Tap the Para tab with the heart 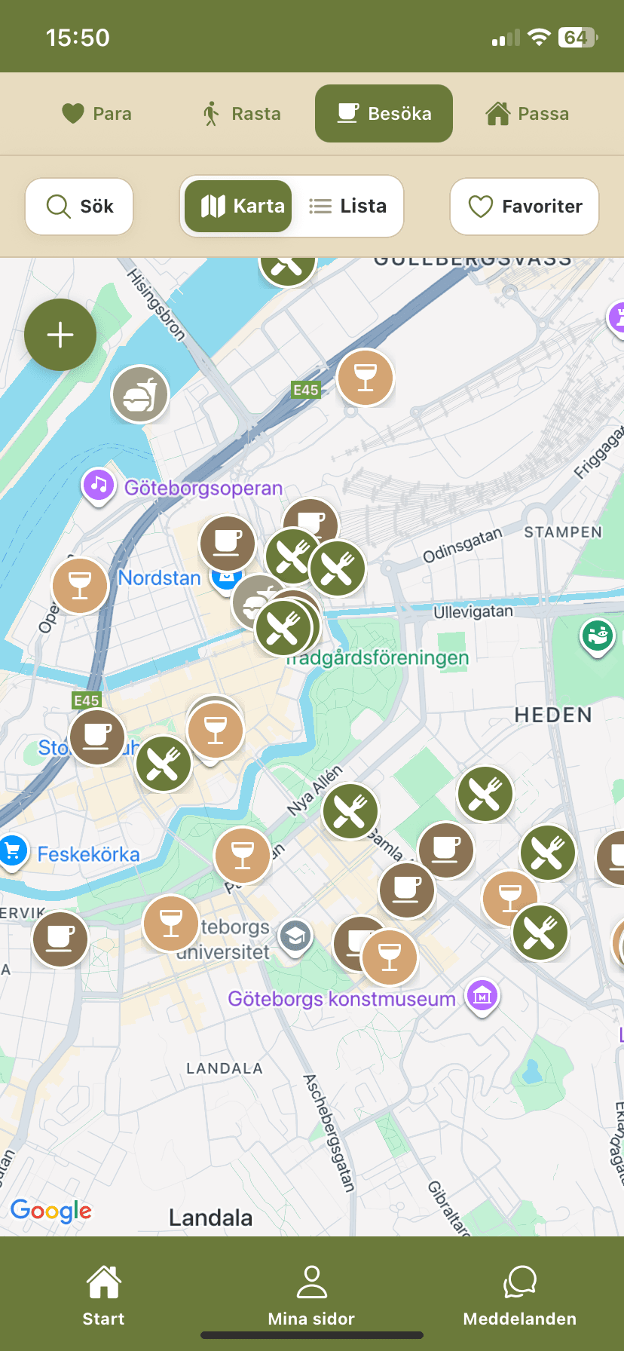96,114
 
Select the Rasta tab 242,114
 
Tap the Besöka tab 384,114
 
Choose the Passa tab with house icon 527,114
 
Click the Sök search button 79,207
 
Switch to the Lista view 348,206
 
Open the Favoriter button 525,207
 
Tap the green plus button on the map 60,335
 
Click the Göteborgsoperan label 203,489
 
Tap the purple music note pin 98,485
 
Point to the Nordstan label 160,578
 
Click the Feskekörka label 89,854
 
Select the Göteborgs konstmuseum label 341,999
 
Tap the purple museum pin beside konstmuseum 482,996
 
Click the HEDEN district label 553,715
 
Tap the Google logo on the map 51,1210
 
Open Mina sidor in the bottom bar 311,1297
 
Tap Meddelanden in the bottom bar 520,1297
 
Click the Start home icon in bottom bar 103,1284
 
